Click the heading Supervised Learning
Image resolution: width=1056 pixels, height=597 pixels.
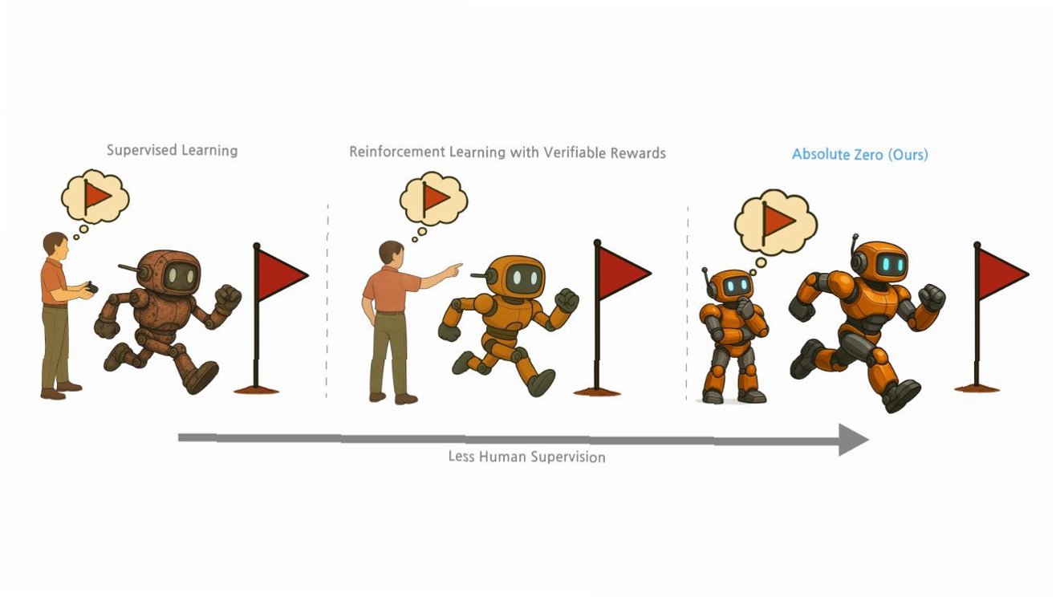[172, 150]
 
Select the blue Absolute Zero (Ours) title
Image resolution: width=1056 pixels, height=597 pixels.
[859, 154]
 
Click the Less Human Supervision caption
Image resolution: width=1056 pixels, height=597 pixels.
[526, 457]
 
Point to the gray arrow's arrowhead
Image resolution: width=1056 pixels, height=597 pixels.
[853, 439]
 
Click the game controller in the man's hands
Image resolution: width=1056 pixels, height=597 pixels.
[91, 287]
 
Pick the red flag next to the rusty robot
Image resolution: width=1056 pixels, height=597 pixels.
[281, 274]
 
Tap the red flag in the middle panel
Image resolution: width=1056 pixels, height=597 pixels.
[622, 271]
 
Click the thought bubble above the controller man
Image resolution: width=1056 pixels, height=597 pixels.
[96, 197]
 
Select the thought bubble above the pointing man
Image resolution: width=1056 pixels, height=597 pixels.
[434, 200]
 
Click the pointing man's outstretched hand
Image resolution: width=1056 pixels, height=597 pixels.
[455, 268]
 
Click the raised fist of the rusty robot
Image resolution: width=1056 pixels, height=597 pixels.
[228, 299]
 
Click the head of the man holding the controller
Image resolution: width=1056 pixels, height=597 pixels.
[55, 245]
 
